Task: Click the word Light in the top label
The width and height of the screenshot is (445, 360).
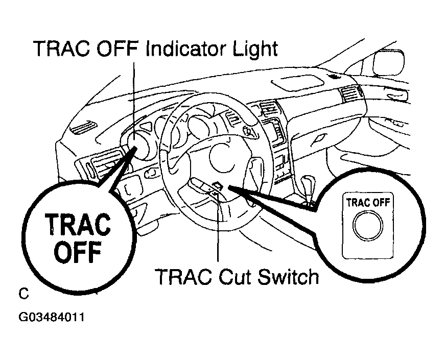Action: coord(254,50)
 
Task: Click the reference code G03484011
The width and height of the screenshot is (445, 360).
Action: coord(51,317)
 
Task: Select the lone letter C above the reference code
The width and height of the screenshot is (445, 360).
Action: coord(24,294)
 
